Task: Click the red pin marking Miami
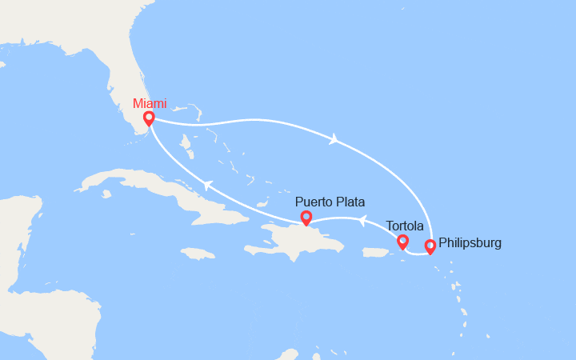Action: [149, 119]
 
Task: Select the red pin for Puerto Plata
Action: [306, 218]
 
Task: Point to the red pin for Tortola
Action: [402, 242]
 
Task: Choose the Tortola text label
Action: [404, 225]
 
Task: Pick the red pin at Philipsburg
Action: [430, 246]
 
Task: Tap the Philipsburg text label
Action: [470, 242]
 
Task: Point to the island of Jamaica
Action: [198, 254]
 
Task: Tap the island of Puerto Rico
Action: [375, 253]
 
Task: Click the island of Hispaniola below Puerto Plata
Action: [296, 240]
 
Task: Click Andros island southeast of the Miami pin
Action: [186, 144]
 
